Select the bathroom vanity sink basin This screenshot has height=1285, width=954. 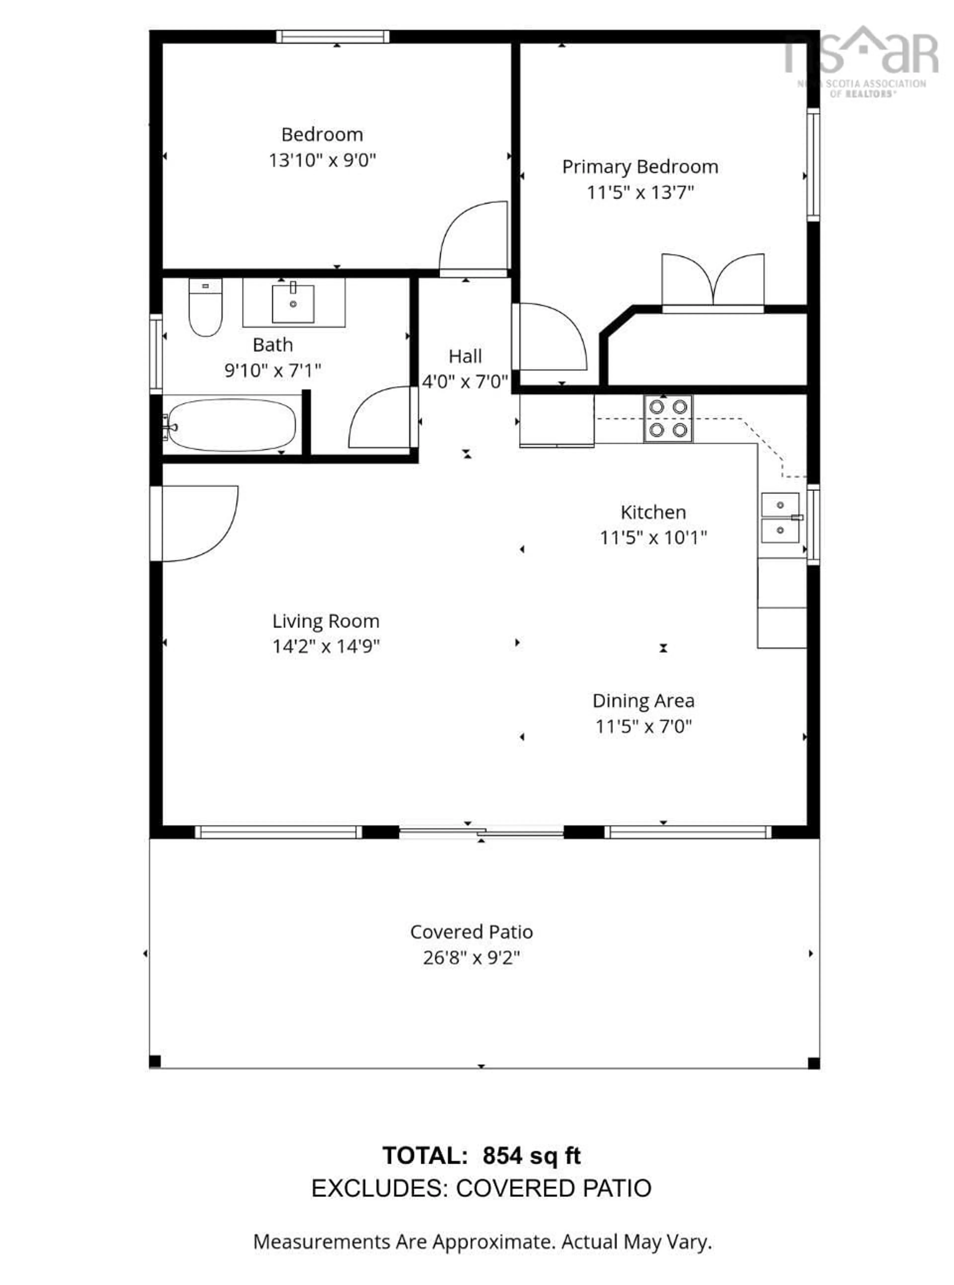pyautogui.click(x=293, y=303)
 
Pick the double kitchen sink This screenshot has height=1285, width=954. pyautogui.click(x=780, y=517)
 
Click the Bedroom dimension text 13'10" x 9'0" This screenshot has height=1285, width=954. pyautogui.click(x=322, y=160)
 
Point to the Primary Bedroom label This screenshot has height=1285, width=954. pyautogui.click(x=640, y=167)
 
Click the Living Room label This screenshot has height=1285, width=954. pyautogui.click(x=326, y=622)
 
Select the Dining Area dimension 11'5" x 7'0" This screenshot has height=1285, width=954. pyautogui.click(x=643, y=726)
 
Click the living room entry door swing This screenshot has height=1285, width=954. pyautogui.click(x=196, y=523)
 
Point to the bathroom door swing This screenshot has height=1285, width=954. pyautogui.click(x=381, y=417)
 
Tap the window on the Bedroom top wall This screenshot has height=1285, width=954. pyautogui.click(x=333, y=37)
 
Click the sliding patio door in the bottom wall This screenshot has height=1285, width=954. pyautogui.click(x=481, y=832)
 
